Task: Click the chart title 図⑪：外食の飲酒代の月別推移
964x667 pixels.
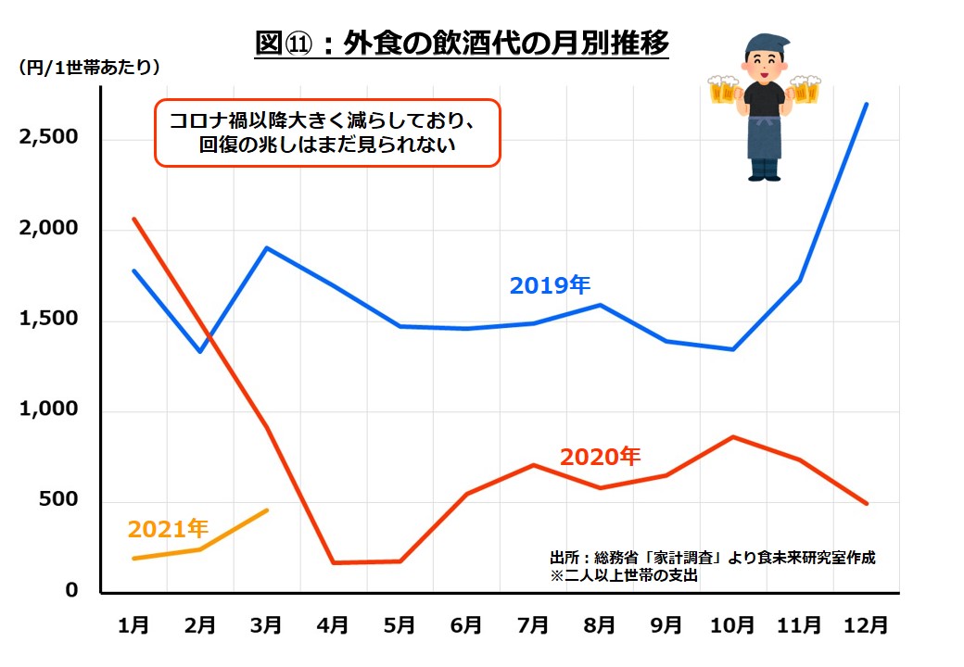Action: click(x=462, y=44)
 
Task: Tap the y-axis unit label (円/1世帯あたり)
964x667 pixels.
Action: click(x=89, y=68)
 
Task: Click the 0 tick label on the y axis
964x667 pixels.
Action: click(x=71, y=591)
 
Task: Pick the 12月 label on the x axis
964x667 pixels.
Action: click(x=867, y=625)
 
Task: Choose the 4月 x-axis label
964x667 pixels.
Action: click(x=333, y=625)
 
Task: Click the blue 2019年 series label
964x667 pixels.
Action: click(x=550, y=285)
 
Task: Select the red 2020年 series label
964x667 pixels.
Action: click(x=600, y=457)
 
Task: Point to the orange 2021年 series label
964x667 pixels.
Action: click(x=168, y=528)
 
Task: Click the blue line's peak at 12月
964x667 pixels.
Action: click(x=867, y=104)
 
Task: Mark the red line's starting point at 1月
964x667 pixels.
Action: click(x=134, y=219)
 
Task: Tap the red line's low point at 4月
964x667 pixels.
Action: click(x=333, y=562)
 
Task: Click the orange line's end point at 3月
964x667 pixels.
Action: click(x=268, y=510)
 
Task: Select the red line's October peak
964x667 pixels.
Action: click(x=733, y=436)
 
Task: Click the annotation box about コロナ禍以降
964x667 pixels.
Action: click(x=326, y=132)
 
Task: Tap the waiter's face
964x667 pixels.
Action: click(x=763, y=63)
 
